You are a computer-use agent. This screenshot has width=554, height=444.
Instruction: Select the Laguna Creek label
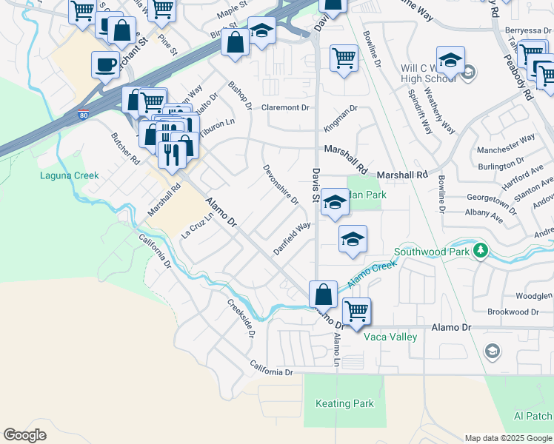click(x=69, y=175)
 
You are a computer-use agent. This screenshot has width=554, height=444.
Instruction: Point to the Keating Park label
click(x=344, y=404)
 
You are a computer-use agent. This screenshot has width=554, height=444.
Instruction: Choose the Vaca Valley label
click(x=390, y=337)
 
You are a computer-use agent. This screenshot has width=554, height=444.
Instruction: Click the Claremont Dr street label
click(x=285, y=107)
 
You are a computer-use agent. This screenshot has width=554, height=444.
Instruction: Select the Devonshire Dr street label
click(x=281, y=184)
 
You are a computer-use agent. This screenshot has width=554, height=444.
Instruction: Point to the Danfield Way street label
click(x=292, y=238)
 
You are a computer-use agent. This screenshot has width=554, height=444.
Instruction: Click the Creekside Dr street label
click(x=241, y=317)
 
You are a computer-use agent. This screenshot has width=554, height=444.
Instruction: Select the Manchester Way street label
click(x=506, y=144)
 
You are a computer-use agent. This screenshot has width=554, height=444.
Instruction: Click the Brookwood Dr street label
click(x=507, y=312)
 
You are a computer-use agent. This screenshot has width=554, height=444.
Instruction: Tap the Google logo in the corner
click(x=25, y=435)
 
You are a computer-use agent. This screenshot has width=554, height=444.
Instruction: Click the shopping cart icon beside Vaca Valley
click(x=356, y=311)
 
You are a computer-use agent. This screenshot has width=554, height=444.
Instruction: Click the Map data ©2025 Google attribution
click(x=507, y=437)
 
